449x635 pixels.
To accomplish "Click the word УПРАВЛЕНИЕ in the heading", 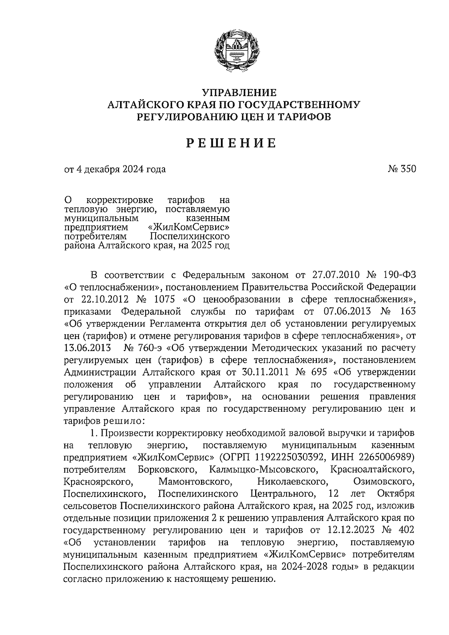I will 239,92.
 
